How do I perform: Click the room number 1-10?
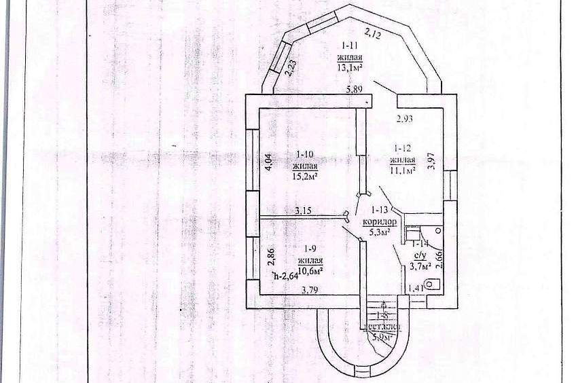pyautogui.click(x=305, y=153)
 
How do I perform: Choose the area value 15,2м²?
pyautogui.click(x=305, y=176)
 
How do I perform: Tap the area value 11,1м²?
pyautogui.click(x=402, y=169)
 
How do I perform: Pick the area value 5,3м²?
pyautogui.click(x=378, y=233)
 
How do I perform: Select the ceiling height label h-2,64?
pyautogui.click(x=285, y=275)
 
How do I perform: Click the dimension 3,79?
pyautogui.click(x=311, y=290)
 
